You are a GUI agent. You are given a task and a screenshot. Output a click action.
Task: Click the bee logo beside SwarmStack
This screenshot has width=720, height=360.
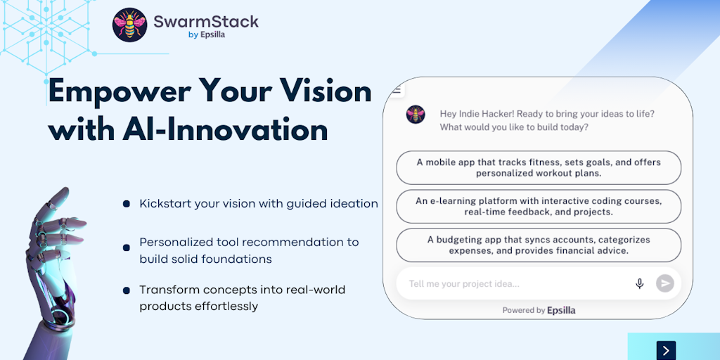[130, 25]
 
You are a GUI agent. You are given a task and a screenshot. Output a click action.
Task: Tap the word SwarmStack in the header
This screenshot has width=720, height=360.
[206, 21]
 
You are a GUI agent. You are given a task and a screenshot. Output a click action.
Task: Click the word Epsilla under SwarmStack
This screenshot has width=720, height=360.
[212, 35]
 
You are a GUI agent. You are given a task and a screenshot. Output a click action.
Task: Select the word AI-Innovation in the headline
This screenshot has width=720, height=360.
[226, 130]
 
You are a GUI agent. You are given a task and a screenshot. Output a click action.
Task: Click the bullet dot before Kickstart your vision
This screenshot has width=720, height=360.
[127, 203]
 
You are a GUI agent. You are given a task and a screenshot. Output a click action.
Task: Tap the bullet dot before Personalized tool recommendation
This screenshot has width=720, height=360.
[127, 248]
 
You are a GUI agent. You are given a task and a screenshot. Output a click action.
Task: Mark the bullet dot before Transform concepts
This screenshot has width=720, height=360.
[127, 290]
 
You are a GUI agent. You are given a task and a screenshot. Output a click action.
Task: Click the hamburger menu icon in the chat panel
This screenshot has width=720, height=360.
[397, 91]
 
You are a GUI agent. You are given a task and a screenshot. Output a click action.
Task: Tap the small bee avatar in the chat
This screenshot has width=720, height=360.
[416, 115]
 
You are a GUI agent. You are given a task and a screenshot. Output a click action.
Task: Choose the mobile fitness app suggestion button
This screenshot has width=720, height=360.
[539, 167]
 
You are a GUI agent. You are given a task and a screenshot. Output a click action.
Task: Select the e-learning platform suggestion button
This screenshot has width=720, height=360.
[539, 207]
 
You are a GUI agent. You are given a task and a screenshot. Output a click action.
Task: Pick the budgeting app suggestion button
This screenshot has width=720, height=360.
[539, 245]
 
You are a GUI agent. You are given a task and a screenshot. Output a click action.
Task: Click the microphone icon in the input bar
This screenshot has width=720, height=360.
[639, 284]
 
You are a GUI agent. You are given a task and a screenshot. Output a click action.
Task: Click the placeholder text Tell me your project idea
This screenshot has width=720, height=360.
[464, 284]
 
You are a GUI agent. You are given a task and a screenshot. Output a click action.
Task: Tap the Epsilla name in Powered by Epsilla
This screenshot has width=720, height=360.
[561, 310]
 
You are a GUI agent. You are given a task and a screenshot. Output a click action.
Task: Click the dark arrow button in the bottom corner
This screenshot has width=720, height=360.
[666, 350]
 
